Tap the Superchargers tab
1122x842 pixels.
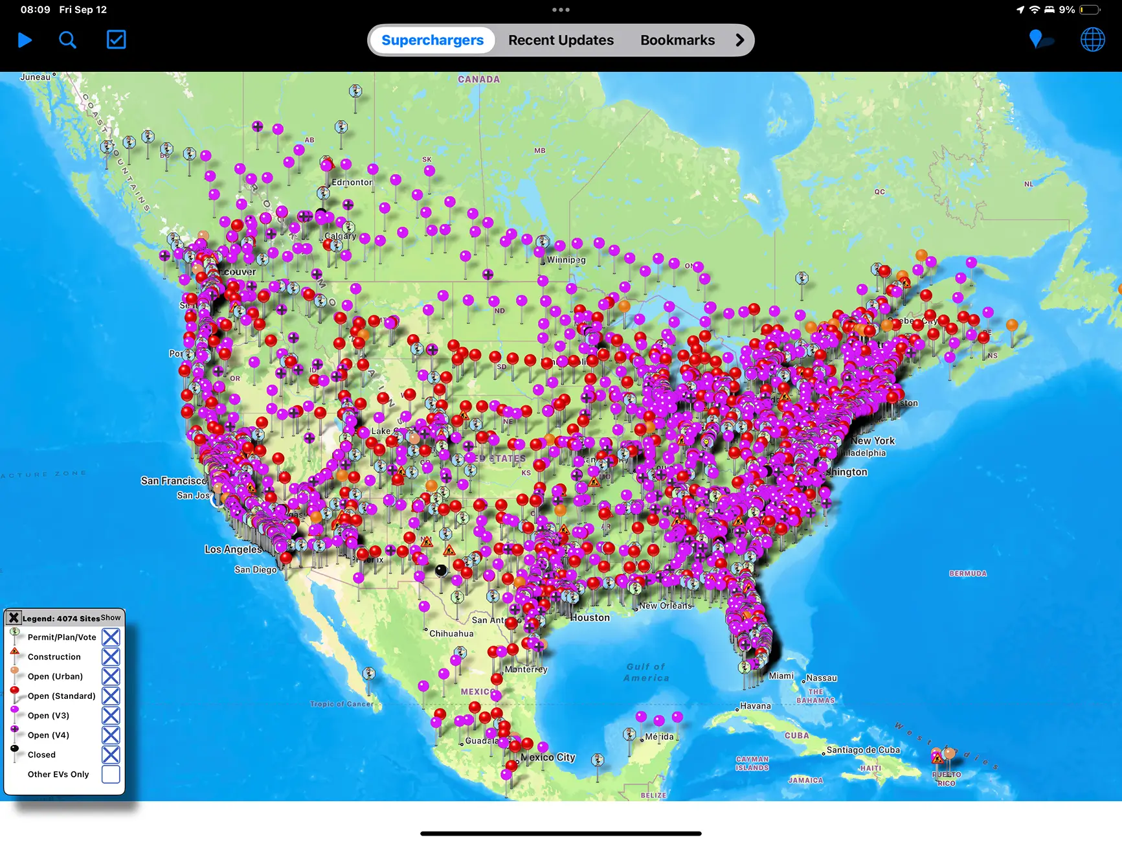coord(432,40)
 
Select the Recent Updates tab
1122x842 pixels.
coord(561,40)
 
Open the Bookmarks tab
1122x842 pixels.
coord(677,40)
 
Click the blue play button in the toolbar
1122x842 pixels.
coord(25,40)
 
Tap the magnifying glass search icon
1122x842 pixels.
coord(67,40)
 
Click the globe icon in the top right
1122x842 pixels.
coord(1092,40)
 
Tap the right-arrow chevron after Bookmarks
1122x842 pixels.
coord(739,40)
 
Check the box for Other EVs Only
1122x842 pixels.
coord(111,774)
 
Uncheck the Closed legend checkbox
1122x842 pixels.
coord(111,755)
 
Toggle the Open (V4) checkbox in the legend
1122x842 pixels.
coord(111,735)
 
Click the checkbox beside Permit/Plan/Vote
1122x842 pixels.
coord(111,637)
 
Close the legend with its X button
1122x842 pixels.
coord(14,618)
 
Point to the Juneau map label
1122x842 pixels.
coord(35,77)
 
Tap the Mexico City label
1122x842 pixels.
coord(548,757)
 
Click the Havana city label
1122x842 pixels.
coord(756,706)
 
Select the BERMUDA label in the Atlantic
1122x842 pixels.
coord(968,574)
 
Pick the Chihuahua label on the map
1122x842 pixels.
coord(451,633)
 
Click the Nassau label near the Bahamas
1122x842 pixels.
coord(822,678)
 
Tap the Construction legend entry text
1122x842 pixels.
coord(54,657)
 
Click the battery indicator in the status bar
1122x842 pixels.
coord(1090,10)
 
